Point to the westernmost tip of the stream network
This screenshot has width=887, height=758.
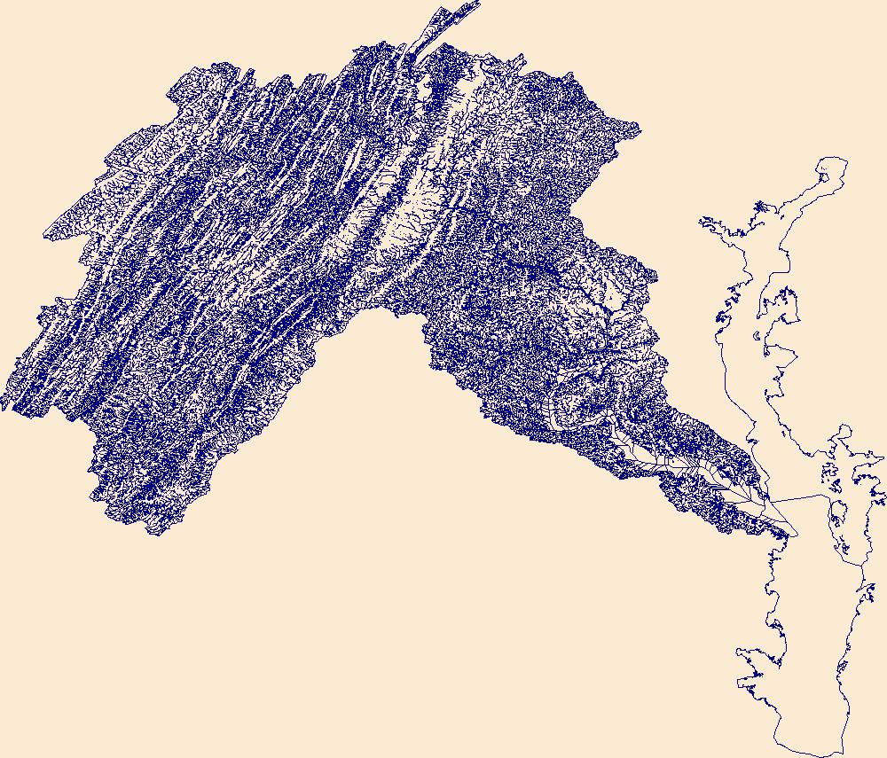(x=3, y=409)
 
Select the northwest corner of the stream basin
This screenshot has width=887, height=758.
(x=171, y=88)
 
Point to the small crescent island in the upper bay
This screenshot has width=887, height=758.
(x=755, y=337)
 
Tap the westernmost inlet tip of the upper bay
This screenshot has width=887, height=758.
(x=701, y=219)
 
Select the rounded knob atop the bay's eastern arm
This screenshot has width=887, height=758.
(x=845, y=430)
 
